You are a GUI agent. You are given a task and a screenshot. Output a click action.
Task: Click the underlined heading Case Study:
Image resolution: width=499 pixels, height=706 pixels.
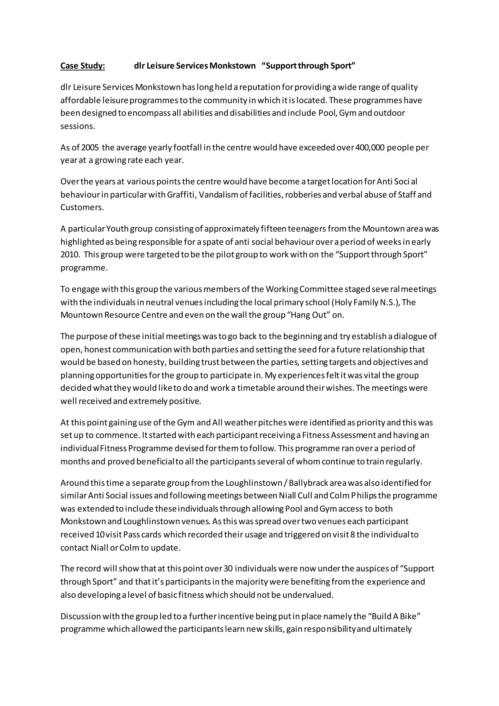pos(83,66)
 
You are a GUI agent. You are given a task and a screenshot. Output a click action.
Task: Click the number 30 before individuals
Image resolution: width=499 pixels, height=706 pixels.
pos(228,569)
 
